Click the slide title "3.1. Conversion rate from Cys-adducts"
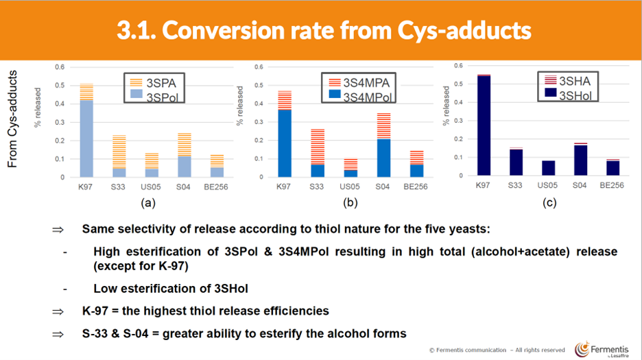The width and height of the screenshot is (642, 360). tap(324, 30)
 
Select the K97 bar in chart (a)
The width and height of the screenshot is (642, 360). tap(87, 130)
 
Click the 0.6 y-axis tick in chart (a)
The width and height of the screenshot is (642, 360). tap(59, 67)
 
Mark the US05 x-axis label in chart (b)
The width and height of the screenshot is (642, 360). tap(351, 187)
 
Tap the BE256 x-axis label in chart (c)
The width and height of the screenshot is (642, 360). tap(613, 185)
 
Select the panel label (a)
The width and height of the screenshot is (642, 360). tap(145, 203)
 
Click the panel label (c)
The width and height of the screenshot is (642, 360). tap(549, 203)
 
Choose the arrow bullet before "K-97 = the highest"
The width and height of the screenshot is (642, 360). tap(58, 311)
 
